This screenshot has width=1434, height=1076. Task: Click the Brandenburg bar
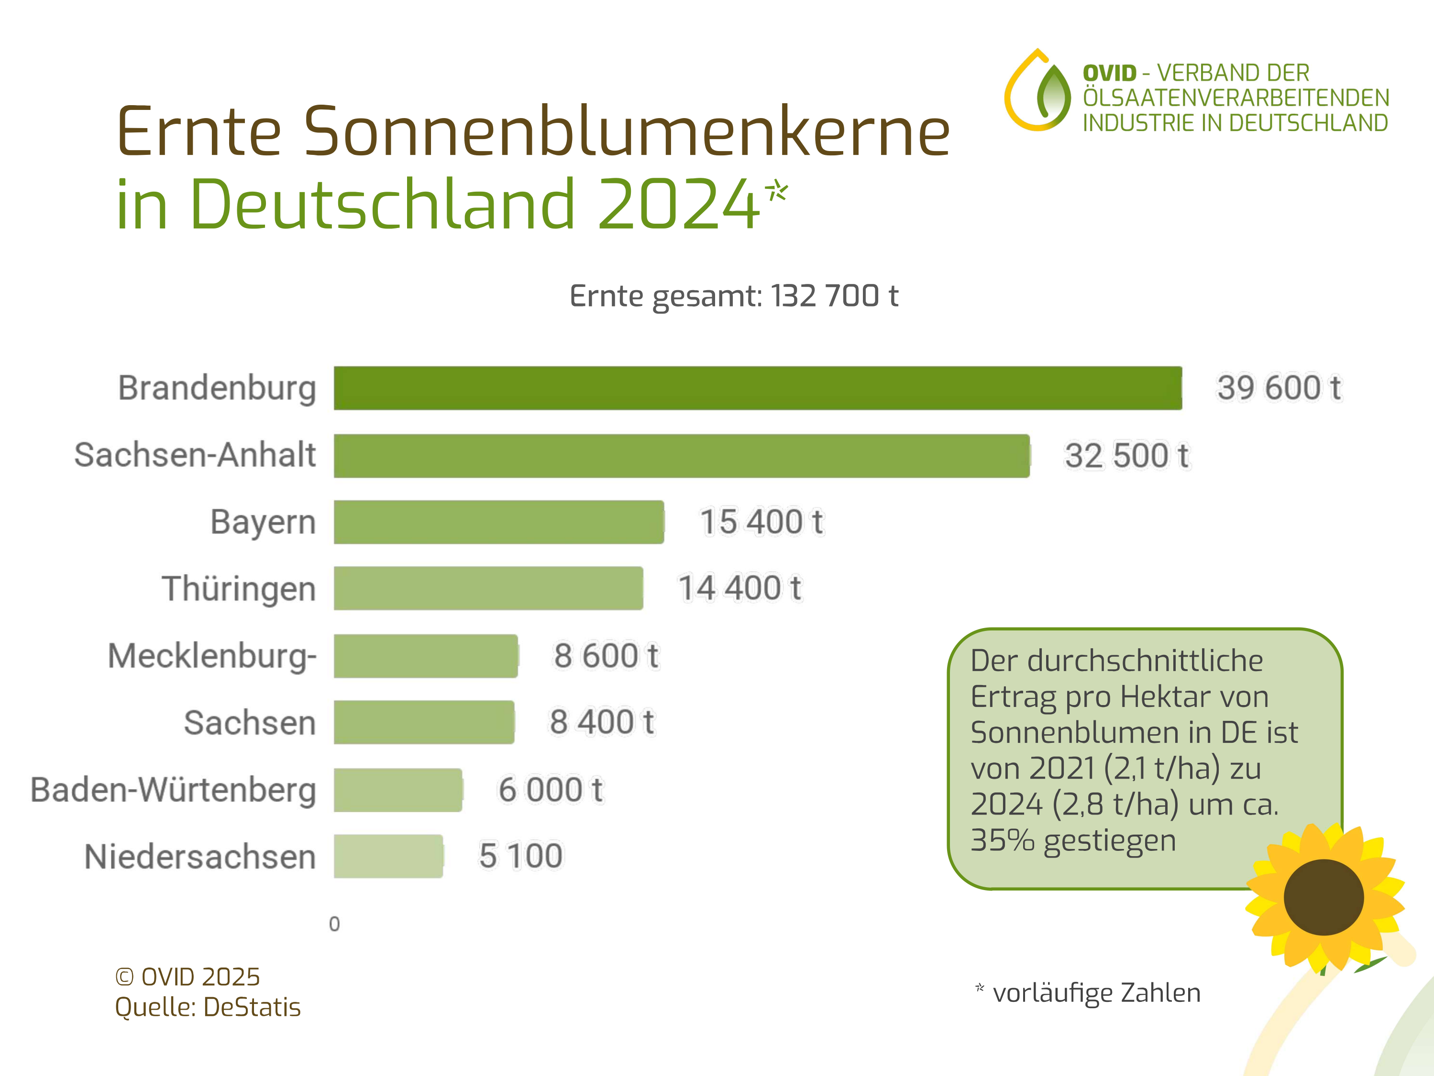click(x=757, y=388)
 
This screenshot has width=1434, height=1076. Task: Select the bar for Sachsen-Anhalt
click(x=681, y=456)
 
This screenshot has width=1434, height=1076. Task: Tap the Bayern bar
click(x=498, y=522)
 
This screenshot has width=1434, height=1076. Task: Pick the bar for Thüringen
click(x=488, y=588)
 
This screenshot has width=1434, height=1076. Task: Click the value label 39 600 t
click(x=1279, y=388)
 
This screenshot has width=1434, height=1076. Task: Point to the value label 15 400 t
click(x=761, y=522)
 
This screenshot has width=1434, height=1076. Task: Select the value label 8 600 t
click(x=606, y=655)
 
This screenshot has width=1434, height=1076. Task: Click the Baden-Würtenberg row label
click(x=173, y=790)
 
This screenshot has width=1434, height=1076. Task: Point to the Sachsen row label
click(x=250, y=723)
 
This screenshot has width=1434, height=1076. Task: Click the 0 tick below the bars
click(x=334, y=924)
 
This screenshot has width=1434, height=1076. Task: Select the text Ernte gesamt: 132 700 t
click(x=733, y=296)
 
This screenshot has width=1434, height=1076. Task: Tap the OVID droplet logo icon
click(x=1038, y=91)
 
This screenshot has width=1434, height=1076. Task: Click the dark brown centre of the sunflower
click(x=1323, y=897)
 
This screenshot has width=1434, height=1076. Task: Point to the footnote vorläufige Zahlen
click(x=1096, y=992)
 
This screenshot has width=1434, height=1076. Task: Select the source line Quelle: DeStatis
click(x=208, y=1007)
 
